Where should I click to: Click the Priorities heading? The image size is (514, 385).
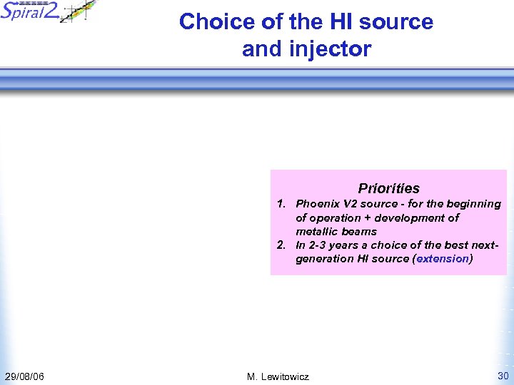(x=388, y=188)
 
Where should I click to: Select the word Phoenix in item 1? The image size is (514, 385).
(x=318, y=204)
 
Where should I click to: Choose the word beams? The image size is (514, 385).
(x=360, y=231)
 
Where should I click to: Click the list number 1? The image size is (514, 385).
(x=281, y=204)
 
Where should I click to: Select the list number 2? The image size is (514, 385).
(x=281, y=245)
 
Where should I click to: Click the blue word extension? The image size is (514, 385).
(x=443, y=259)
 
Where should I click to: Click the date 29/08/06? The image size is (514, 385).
(x=24, y=376)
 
